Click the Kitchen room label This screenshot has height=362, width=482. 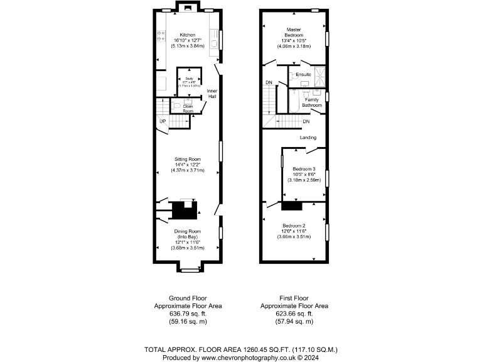point(188,35)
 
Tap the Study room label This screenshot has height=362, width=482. point(188,79)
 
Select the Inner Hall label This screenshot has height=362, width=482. point(212,94)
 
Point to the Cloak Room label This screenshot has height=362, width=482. point(188,108)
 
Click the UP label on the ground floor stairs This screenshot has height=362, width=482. point(163,121)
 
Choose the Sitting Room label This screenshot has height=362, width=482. point(188,159)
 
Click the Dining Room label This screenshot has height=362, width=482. point(188,232)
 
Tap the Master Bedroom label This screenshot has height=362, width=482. point(294,32)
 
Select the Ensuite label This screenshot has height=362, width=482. point(304,75)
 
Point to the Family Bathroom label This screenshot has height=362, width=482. point(313,102)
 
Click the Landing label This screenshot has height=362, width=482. point(308,138)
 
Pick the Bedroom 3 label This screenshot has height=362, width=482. point(304,169)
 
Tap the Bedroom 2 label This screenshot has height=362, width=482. point(294,226)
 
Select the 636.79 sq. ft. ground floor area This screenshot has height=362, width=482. point(188,314)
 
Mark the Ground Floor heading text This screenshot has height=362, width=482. point(188,298)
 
